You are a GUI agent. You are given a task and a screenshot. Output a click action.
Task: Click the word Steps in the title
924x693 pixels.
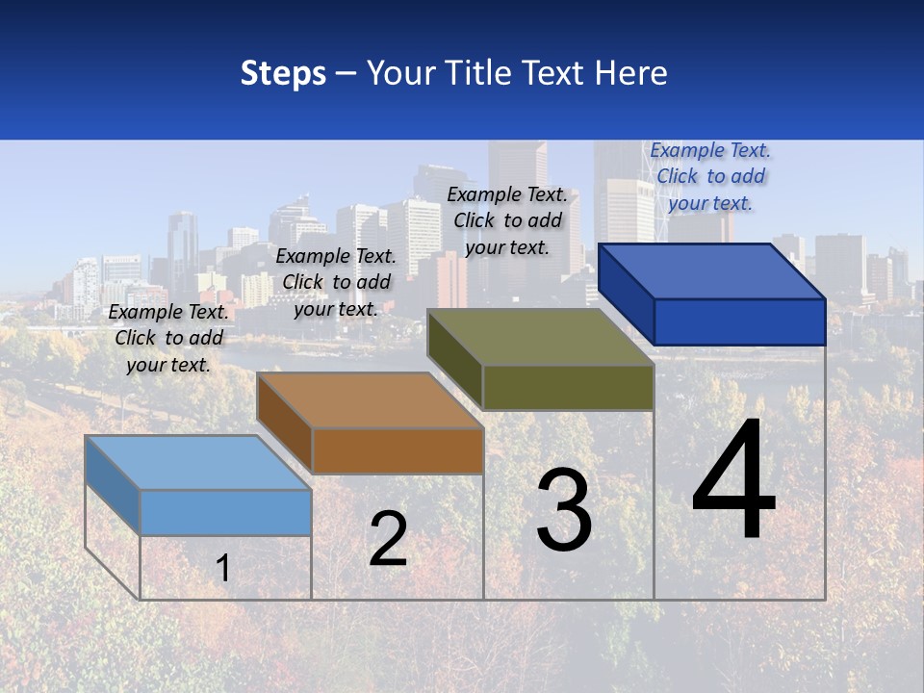tap(283, 73)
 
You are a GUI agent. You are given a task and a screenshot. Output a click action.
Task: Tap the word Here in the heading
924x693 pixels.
tap(630, 73)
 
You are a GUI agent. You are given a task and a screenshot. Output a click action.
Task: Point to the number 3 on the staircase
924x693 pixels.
tap(564, 510)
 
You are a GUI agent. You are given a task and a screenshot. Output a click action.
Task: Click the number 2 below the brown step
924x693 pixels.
tap(388, 539)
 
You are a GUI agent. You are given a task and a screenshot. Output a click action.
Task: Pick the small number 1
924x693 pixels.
tap(223, 569)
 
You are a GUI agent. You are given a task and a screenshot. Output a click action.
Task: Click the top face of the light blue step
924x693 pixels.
tap(197, 463)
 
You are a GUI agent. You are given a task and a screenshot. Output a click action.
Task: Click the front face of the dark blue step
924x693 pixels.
tap(739, 321)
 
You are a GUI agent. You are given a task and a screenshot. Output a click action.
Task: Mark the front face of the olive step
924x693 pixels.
tap(568, 387)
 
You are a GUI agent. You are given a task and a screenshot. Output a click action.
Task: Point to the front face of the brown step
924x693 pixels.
tap(398, 450)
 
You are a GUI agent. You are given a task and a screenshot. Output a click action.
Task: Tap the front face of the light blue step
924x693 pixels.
tap(225, 512)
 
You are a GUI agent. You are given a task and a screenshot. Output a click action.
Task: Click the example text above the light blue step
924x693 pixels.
tap(168, 338)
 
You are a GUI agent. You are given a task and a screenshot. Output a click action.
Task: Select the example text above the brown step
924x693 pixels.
tap(336, 282)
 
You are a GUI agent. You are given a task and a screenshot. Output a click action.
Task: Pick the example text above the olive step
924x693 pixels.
tap(507, 220)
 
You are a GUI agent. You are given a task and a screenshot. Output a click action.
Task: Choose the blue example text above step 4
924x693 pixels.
tap(710, 176)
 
